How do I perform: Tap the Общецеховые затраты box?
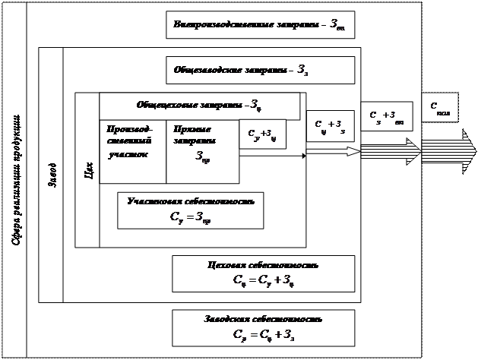(x=199, y=105)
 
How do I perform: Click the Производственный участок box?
(x=131, y=150)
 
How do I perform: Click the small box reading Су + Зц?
(x=262, y=134)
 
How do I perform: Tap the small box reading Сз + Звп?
(x=386, y=116)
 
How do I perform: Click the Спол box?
(x=440, y=107)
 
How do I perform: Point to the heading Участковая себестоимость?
(x=191, y=202)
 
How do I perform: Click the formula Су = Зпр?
(x=191, y=217)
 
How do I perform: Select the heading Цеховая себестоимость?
(x=263, y=266)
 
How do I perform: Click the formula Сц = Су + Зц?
(x=263, y=281)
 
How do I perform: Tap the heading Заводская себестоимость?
(x=263, y=319)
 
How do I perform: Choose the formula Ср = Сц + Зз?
(x=263, y=333)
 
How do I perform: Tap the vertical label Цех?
(x=88, y=169)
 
